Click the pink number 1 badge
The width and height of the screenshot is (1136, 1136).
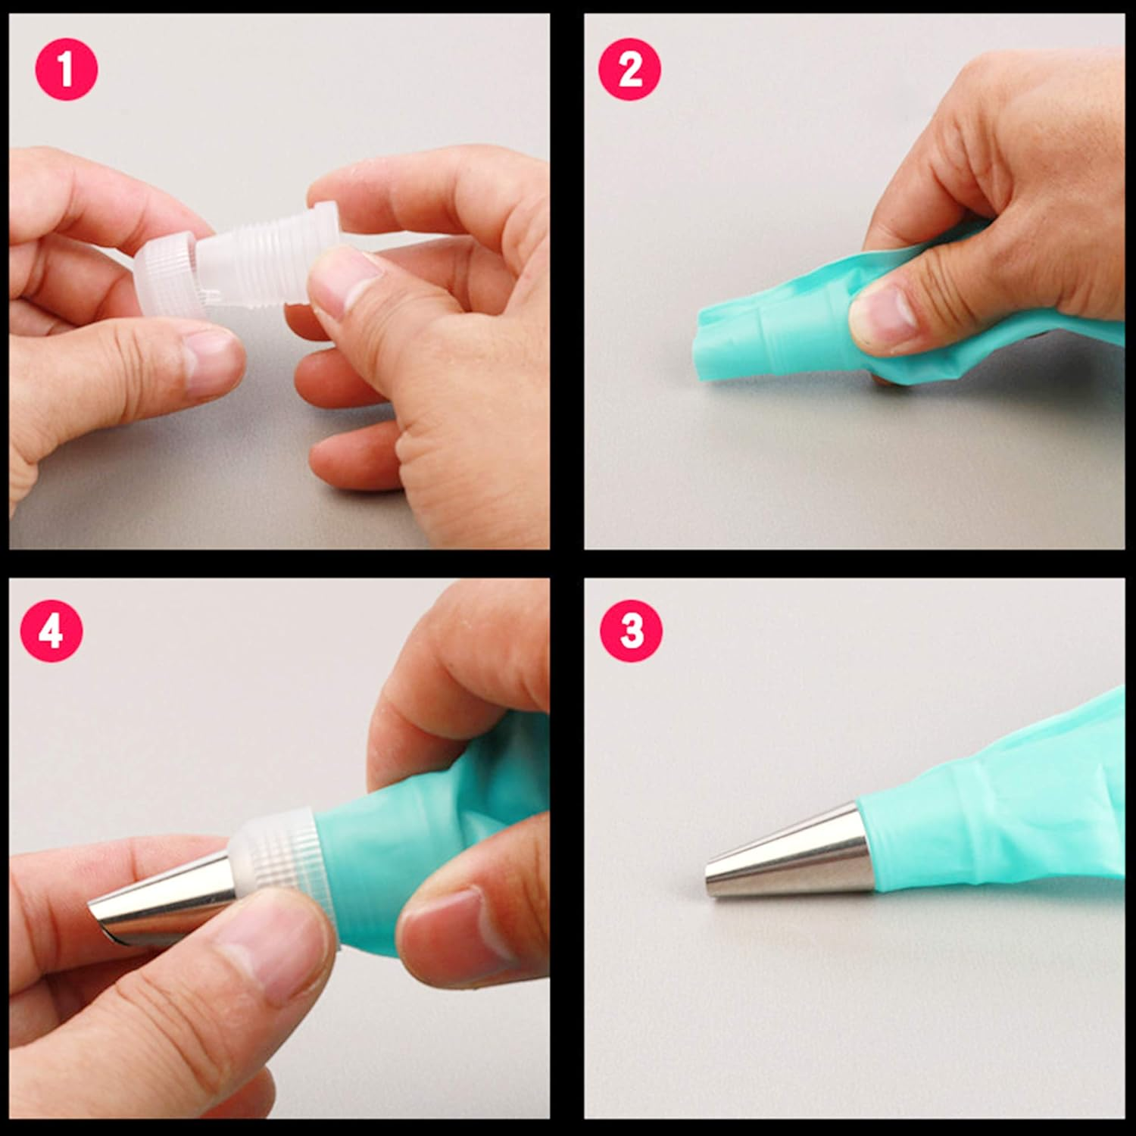click(67, 70)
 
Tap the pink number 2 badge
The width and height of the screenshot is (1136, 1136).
click(630, 70)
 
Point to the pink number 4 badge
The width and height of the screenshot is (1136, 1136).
click(51, 631)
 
